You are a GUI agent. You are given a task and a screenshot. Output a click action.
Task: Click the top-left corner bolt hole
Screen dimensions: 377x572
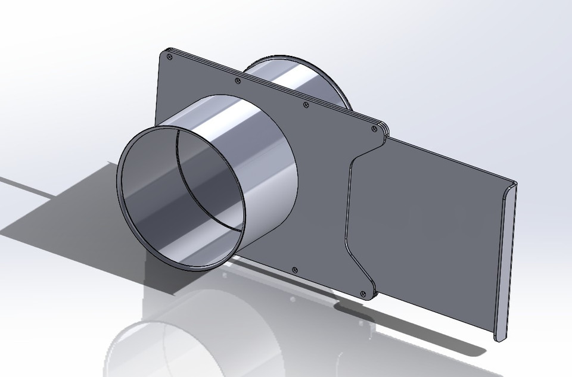tap(170, 57)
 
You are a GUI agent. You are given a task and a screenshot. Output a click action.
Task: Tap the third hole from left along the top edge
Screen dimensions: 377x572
tap(306, 105)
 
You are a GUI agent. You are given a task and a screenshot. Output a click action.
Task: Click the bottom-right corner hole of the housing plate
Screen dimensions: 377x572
tap(363, 293)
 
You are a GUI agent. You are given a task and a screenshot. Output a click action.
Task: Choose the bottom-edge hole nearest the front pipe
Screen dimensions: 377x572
tap(294, 270)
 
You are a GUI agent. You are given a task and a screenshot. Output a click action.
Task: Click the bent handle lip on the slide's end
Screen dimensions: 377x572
tap(505, 262)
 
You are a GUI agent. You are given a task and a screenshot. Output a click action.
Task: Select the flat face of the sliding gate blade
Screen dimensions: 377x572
tap(429, 238)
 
